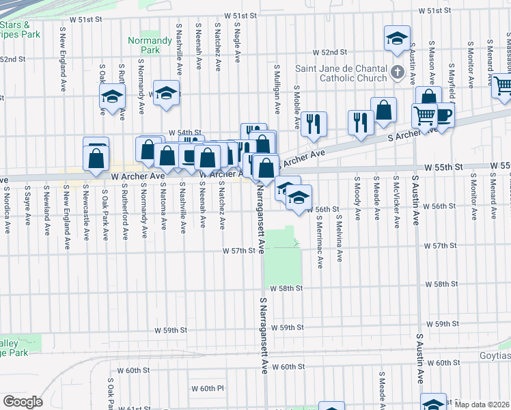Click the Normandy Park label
pos(144,45)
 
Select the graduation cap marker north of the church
pos(396,40)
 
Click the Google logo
pos(23,402)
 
